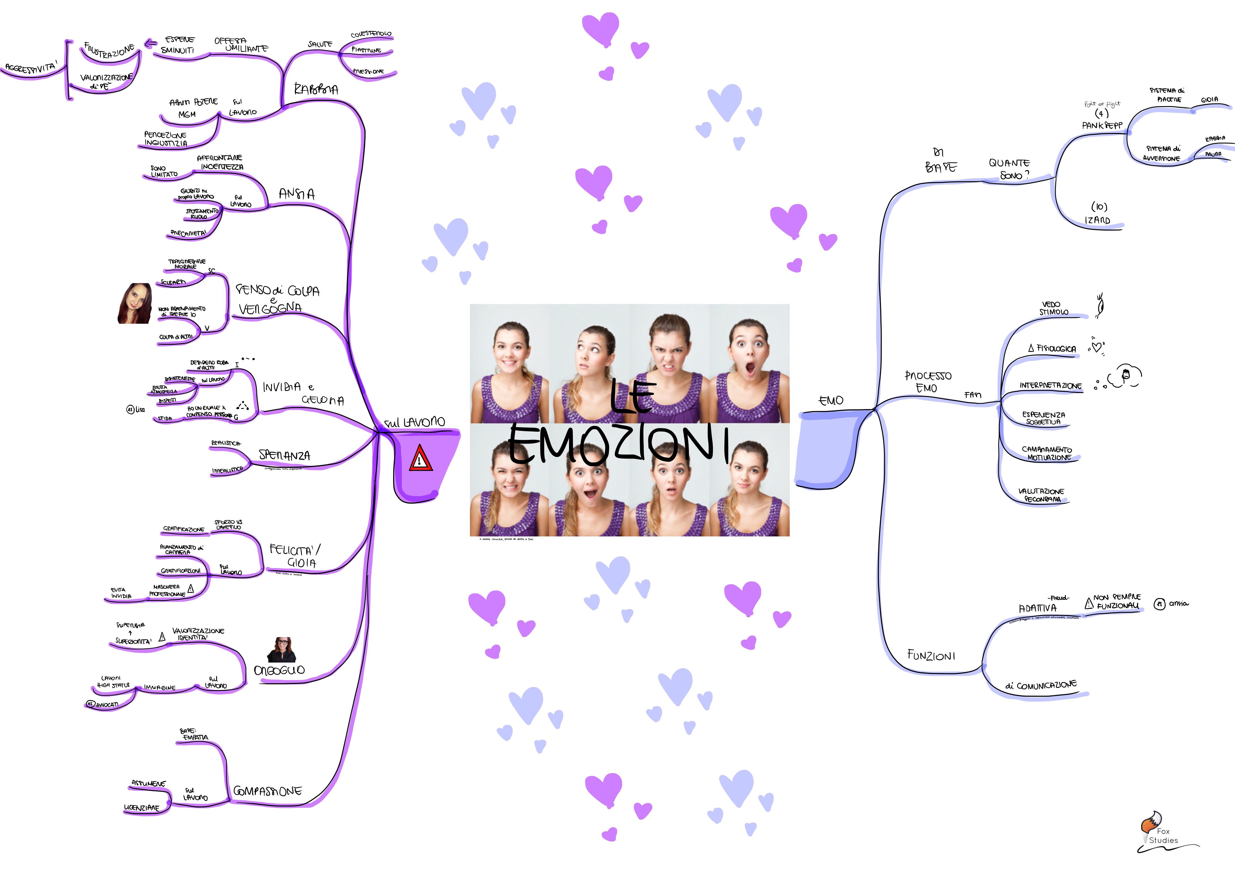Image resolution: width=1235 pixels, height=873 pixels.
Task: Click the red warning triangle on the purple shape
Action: tap(420, 458)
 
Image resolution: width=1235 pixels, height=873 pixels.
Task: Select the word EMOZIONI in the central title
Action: tap(618, 444)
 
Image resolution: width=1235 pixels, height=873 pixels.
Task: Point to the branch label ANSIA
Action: tap(297, 194)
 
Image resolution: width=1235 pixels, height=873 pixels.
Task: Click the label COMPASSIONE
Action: tap(267, 791)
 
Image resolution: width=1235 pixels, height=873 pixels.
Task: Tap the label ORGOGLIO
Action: tap(279, 670)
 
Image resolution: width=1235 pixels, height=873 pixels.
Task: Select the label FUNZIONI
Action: tap(931, 655)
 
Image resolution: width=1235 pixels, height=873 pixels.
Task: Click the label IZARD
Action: tap(1097, 220)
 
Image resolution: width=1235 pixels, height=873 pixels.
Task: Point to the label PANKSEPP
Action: tap(1102, 125)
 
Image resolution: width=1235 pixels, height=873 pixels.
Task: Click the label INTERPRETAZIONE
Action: tap(1051, 386)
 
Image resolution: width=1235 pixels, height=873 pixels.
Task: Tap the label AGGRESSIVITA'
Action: tap(31, 68)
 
